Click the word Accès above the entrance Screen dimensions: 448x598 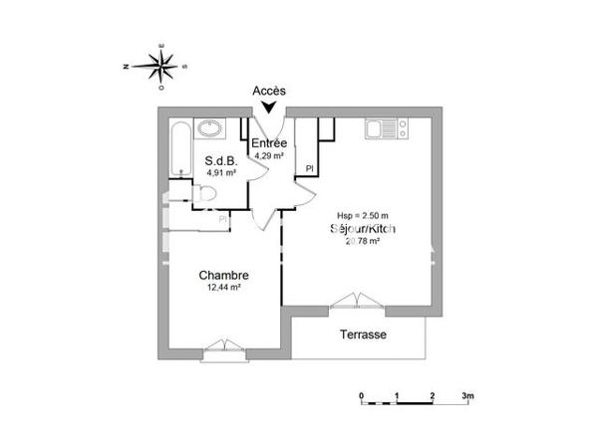(x=268, y=91)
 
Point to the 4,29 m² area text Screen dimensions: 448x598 (x=269, y=156)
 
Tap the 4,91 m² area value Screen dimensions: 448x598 (x=220, y=172)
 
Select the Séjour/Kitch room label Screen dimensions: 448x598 (x=364, y=229)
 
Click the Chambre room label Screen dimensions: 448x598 (x=223, y=276)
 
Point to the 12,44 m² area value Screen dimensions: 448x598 (x=223, y=288)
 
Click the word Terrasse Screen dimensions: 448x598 (x=363, y=335)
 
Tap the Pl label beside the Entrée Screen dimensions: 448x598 (x=310, y=167)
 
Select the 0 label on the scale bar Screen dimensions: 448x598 (x=362, y=395)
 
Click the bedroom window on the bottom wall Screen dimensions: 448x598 (x=219, y=347)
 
